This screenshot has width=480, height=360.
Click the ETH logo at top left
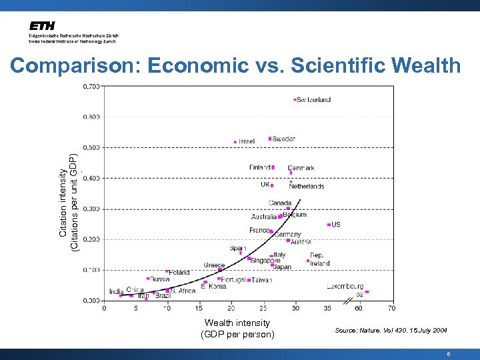pos(41,26)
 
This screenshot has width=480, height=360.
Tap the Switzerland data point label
pos(313,100)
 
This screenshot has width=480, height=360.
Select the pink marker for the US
pos(329,225)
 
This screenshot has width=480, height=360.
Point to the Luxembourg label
pos(345,287)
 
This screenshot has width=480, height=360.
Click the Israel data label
pos(247,142)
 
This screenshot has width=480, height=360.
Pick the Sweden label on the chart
pos(284,139)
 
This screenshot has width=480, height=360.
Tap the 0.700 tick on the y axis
pos(91,86)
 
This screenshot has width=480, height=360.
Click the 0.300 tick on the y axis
pos(91,209)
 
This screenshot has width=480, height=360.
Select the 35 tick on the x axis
pos(327,308)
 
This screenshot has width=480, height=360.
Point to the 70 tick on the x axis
pos(391,308)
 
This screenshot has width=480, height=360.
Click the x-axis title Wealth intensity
pos(237,323)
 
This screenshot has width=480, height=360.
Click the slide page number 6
pos(449,355)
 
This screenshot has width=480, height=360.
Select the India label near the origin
pos(117,291)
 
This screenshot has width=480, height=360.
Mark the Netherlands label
pos(307,187)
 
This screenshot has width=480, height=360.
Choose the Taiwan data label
pos(262,280)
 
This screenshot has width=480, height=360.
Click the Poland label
pos(179,272)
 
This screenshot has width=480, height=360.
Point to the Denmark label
pos(301,168)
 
